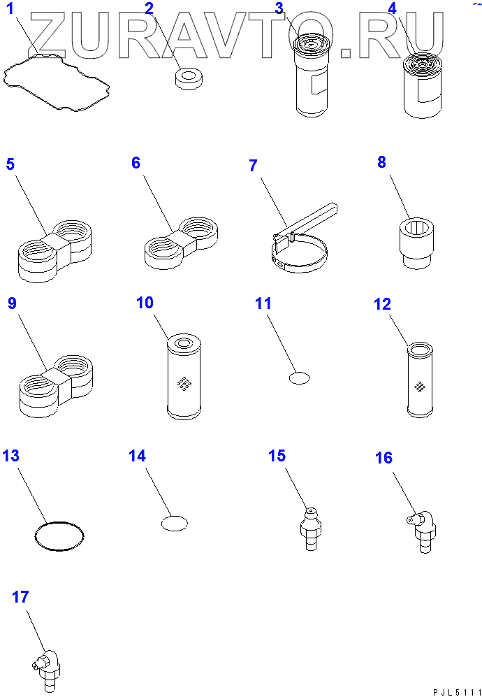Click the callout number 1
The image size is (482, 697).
(x=9, y=8)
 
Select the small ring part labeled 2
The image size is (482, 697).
(x=189, y=80)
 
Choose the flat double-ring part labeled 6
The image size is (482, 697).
(x=181, y=243)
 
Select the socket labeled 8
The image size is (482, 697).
(x=416, y=245)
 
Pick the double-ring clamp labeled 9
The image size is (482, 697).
(x=55, y=386)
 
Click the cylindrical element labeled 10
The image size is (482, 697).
(x=184, y=377)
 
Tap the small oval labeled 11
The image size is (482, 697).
(x=300, y=378)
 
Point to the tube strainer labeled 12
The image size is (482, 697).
(x=420, y=380)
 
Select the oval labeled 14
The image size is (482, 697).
(x=175, y=523)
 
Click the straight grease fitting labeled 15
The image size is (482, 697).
(x=311, y=529)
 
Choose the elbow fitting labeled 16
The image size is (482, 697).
(x=422, y=531)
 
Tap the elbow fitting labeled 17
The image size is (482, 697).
(x=47, y=670)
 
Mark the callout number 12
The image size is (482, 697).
(x=382, y=304)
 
